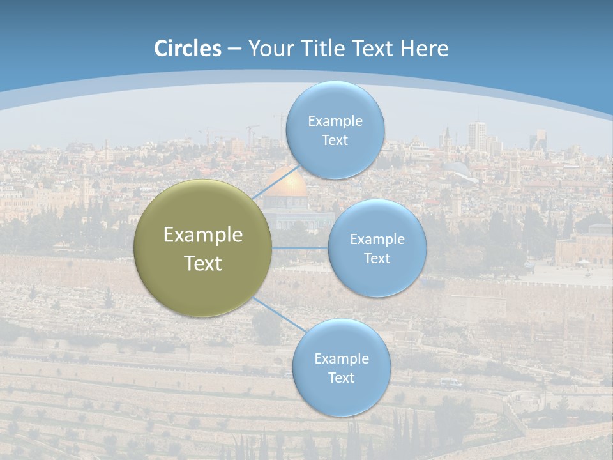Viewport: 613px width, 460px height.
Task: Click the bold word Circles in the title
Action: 188,49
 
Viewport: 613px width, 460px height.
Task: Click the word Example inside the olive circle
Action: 203,235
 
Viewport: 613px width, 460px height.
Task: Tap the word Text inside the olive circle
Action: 203,263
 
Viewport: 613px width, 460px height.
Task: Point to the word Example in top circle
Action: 335,121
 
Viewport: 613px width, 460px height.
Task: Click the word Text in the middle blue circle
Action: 377,259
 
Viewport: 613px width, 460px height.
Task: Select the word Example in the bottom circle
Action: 341,358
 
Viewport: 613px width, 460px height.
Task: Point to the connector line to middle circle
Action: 300,248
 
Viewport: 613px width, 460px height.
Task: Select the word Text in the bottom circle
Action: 341,378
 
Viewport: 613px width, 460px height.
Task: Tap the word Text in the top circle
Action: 335,141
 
